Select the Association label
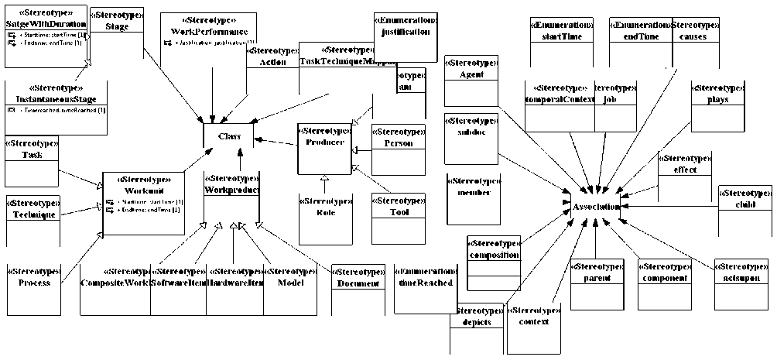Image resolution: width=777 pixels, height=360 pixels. point(595,207)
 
